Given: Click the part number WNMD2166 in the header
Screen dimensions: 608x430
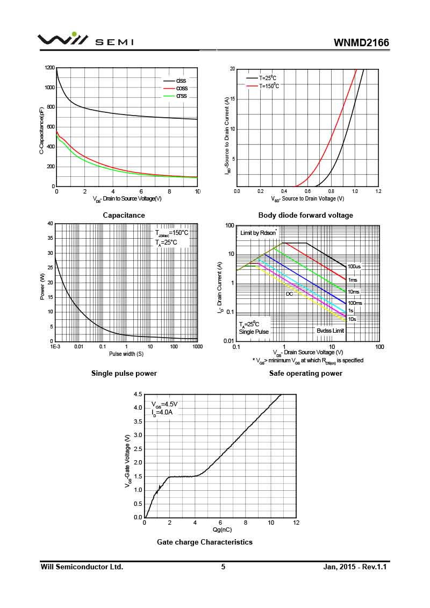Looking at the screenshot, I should pos(361,42).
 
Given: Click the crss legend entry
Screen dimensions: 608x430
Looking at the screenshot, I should pos(181,96).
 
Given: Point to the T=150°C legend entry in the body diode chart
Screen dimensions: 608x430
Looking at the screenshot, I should pos(269,85).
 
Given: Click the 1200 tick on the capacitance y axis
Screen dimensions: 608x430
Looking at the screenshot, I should pos(50,68).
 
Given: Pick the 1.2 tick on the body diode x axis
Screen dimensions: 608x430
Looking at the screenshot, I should pos(378,191).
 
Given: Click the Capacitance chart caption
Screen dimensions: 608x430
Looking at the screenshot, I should pos(124,216).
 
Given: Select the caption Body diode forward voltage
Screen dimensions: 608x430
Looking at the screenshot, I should pos(305,216).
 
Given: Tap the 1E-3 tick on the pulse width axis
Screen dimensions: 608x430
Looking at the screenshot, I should pos(55,347).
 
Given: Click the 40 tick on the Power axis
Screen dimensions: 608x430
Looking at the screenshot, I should pos(50,224).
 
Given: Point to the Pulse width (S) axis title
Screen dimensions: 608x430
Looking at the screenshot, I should pos(126,354).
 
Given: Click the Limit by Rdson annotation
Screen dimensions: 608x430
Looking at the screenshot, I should pos(258,233).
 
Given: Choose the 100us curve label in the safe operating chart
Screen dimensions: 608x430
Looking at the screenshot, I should pos(354,267).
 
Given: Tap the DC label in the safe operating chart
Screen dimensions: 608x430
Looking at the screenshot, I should pos(289,294).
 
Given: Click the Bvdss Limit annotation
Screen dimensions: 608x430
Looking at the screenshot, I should pos(330,331).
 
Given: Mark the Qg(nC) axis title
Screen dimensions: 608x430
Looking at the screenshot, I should pos(220,530).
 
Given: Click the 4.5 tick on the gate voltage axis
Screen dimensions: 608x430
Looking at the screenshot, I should pos(138,395).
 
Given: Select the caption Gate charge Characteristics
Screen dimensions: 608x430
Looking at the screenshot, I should pos(204,542).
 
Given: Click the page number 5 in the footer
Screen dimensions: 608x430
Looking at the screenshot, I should pos(223,567).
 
